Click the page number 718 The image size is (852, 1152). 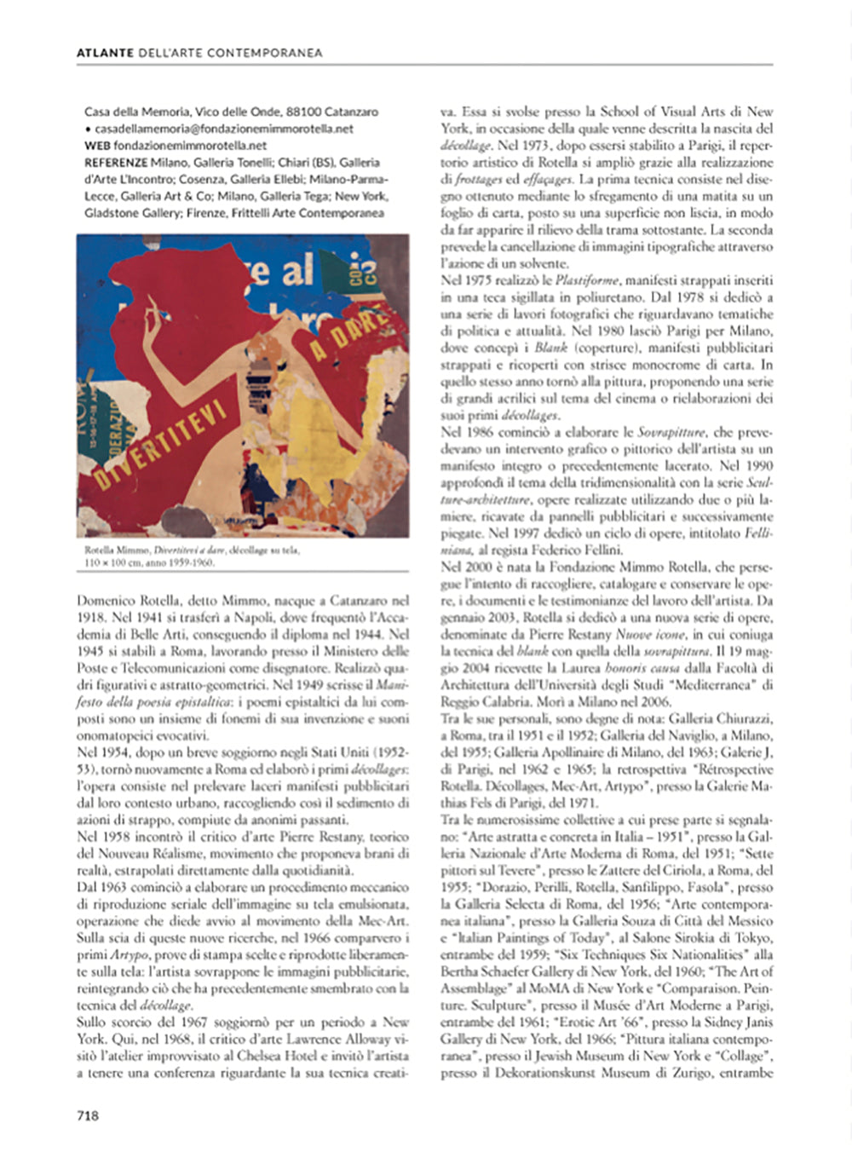point(88,1115)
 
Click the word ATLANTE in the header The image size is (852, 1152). point(105,53)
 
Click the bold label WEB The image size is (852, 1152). point(97,146)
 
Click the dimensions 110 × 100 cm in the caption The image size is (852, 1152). point(114,562)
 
